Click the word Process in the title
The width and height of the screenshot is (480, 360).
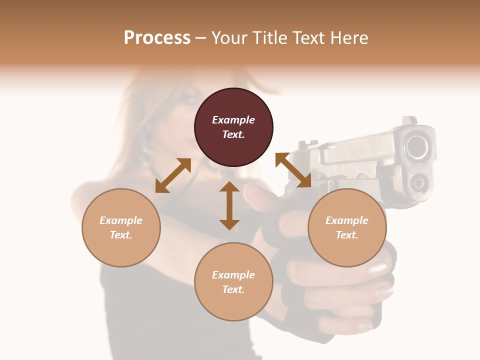(157, 38)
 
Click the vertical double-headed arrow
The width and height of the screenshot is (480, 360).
(229, 205)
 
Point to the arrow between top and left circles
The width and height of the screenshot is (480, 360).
(173, 175)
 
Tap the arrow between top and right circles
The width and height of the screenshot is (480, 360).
(293, 170)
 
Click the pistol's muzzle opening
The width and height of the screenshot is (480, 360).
(417, 146)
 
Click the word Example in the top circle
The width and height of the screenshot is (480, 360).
(233, 120)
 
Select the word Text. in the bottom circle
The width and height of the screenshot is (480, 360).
(233, 289)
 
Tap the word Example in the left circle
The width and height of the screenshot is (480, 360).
(121, 220)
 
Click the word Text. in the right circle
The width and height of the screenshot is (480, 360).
(347, 235)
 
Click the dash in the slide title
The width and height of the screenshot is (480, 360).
(201, 38)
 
